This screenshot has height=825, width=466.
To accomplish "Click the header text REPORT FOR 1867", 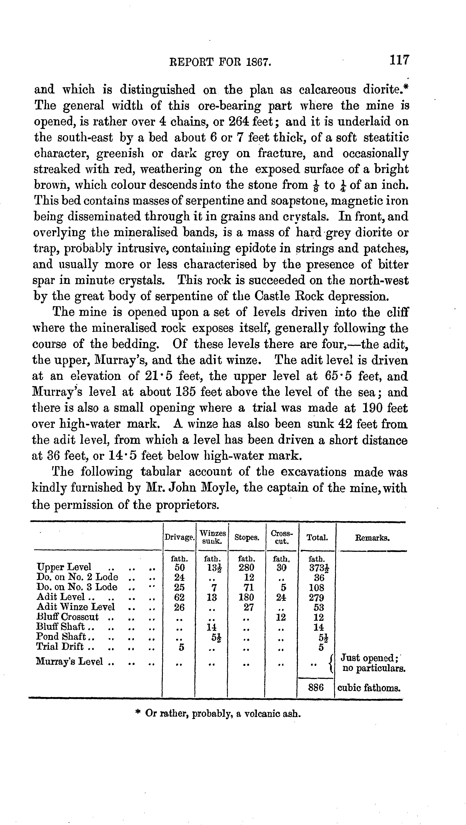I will tap(220, 62).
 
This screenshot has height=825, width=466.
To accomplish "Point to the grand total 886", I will tap(316, 687).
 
